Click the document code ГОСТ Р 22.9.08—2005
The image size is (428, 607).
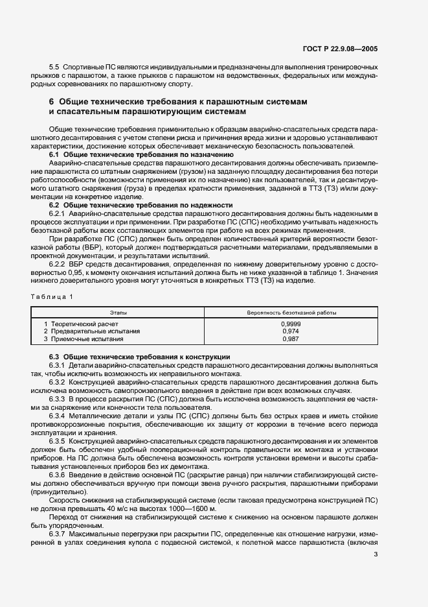350,47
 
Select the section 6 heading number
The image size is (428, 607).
51,102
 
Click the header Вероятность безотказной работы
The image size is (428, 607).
291,313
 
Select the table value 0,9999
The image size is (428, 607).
291,323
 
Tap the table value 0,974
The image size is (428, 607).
291,331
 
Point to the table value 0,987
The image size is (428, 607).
291,339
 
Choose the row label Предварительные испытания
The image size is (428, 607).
91,331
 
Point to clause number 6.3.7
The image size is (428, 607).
58,533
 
